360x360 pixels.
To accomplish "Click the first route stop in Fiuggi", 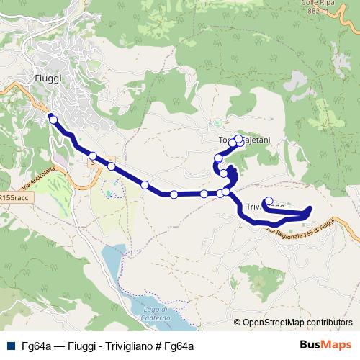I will pyautogui.click(x=53, y=120).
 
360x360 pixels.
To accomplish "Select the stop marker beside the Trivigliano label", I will pyautogui.click(x=269, y=202).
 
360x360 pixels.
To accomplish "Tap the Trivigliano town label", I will pyautogui.click(x=262, y=207).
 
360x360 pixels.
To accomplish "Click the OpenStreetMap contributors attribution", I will pyautogui.click(x=297, y=323).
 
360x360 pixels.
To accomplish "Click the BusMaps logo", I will pyautogui.click(x=325, y=345).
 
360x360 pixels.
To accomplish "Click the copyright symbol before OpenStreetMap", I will pyautogui.click(x=237, y=323).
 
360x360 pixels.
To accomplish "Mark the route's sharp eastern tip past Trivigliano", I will pyautogui.click(x=310, y=210).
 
